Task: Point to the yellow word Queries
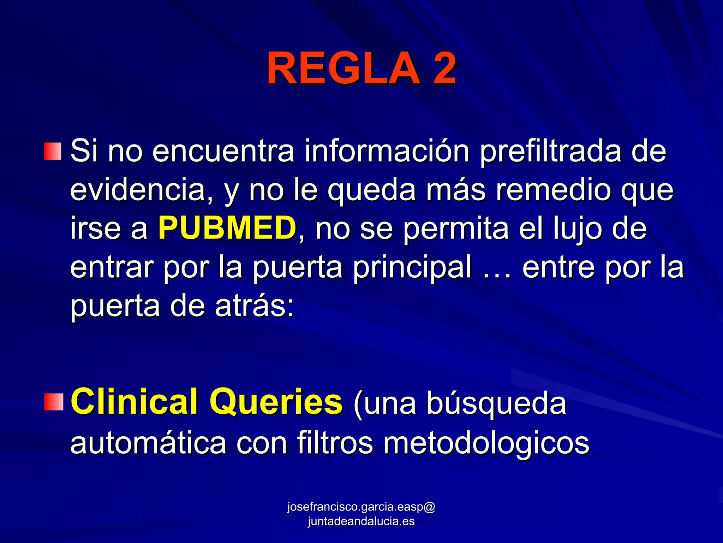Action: (276, 402)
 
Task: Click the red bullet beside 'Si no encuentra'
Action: (53, 151)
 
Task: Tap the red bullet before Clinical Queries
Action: (53, 402)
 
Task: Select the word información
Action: (387, 151)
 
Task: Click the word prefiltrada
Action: (550, 151)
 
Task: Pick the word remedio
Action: (554, 190)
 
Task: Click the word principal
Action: (412, 267)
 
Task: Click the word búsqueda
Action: (496, 403)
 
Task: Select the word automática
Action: (148, 443)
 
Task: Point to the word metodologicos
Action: (486, 443)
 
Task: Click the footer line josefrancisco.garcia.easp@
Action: (361, 507)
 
